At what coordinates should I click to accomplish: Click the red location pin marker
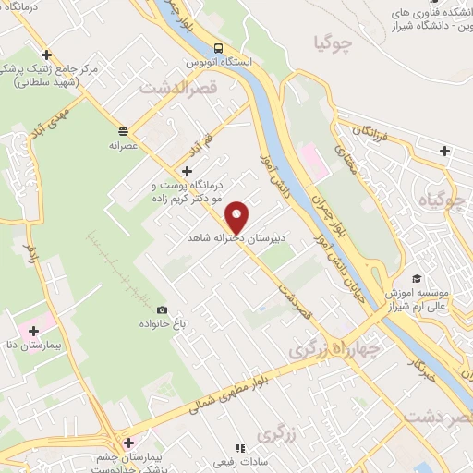(238, 216)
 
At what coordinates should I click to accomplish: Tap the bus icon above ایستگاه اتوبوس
(218, 48)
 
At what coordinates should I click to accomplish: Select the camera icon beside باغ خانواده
(163, 309)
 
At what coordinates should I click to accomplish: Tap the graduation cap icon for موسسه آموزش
(417, 277)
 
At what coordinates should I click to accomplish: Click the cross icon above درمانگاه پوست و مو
(188, 171)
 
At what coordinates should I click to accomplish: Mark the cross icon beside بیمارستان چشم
(128, 443)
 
